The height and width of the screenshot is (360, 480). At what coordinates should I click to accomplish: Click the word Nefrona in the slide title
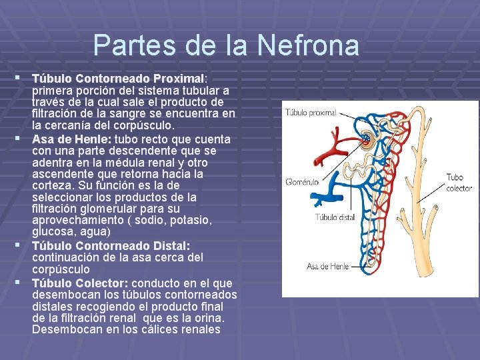point(308,45)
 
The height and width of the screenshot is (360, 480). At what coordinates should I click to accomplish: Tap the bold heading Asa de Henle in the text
point(72,139)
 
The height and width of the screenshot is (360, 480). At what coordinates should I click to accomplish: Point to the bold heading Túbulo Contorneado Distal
point(110,246)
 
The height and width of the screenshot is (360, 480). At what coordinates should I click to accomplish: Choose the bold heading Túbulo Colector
point(79,283)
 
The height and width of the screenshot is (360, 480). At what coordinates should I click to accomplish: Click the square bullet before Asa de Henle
point(25,139)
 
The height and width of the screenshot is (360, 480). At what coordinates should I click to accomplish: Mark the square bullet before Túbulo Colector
point(25,283)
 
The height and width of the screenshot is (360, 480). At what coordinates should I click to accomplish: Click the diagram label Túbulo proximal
point(311,113)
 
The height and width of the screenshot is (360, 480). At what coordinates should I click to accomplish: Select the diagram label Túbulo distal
point(335,217)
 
